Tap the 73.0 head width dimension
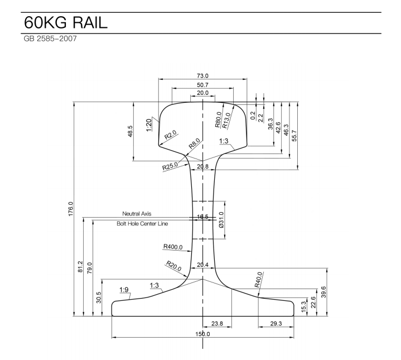coord(202,75)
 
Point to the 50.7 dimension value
coord(202,84)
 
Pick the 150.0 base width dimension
coord(202,334)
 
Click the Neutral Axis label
coord(137,214)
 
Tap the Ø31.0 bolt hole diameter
coord(221,219)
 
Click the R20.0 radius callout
coord(175,266)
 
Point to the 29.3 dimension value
coord(276,323)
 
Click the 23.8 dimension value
coord(217,323)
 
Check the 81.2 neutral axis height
coord(81,267)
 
